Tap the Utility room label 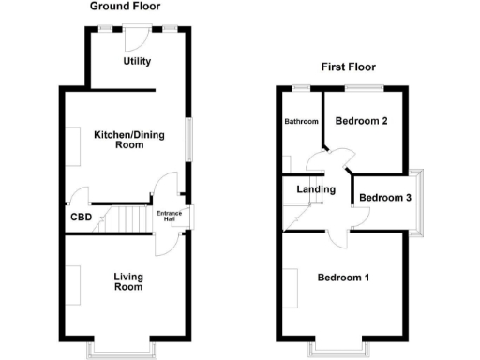point(137,62)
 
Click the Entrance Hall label point(170,216)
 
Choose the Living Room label point(127,281)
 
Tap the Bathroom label point(302,122)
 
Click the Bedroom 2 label point(361,122)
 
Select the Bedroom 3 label point(384,198)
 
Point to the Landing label point(315,190)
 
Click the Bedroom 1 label point(342,277)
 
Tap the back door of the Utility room point(137,35)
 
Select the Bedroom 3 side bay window point(421,200)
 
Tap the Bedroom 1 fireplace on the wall point(292,286)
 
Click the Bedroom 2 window point(362,88)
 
